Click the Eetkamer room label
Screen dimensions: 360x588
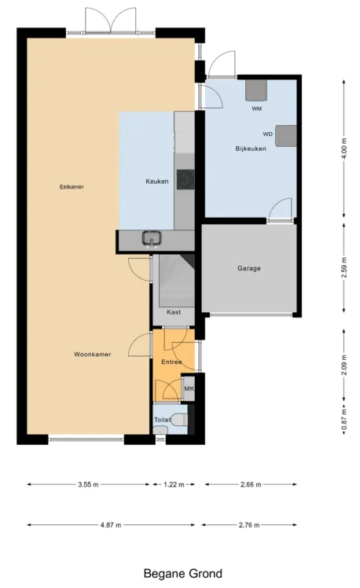(72, 187)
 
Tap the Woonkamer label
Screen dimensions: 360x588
(93, 355)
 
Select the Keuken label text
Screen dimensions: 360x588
(157, 182)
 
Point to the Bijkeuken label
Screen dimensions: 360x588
(251, 149)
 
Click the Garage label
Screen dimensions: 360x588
(249, 269)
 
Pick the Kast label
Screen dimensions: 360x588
(174, 312)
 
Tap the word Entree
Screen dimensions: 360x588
(172, 362)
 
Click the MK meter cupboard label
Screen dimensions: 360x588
(189, 388)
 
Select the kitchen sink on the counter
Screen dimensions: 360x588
(152, 238)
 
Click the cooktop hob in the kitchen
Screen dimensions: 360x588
(186, 180)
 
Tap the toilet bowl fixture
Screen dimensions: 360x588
(179, 420)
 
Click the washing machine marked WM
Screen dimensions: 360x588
(256, 90)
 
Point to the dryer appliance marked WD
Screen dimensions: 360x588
(286, 135)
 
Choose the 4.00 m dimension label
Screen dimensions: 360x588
(344, 148)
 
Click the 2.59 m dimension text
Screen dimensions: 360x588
(344, 267)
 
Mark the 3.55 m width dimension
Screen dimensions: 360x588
(89, 484)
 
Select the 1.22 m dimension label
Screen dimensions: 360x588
(174, 484)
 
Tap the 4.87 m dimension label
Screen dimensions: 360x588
(111, 525)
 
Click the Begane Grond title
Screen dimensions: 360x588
(183, 574)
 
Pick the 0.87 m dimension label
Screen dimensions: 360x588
(344, 419)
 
